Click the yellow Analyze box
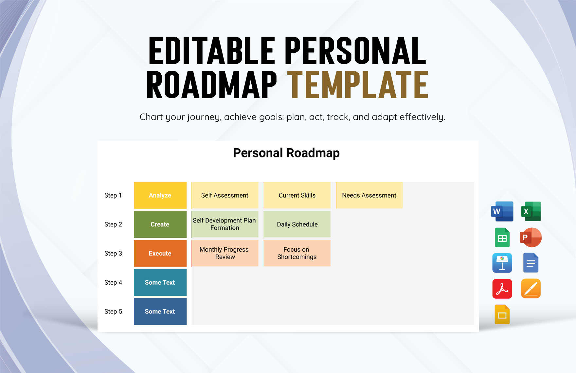coord(160,195)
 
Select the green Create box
coord(160,224)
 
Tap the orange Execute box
coord(160,254)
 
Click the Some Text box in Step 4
coord(160,282)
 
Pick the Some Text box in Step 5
coord(160,311)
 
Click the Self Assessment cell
coord(225,195)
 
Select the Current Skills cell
coord(297,195)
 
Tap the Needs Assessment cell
coord(369,195)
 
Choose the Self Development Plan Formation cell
coord(225,224)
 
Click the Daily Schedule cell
coord(297,224)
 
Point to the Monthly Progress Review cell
coord(225,254)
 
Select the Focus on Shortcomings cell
coord(297,254)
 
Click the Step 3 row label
coord(113,254)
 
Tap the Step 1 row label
coord(113,195)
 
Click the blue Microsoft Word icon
coord(502,211)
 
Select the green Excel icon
coord(531,211)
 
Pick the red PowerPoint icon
coord(531,238)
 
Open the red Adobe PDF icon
coord(502,289)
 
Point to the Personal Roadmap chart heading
coord(286,153)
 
